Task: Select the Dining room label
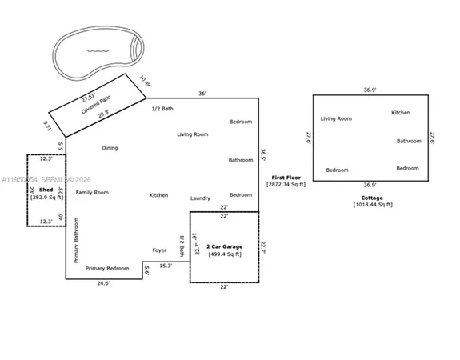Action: pos(110,148)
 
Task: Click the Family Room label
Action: pos(92,193)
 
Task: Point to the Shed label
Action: pos(46,190)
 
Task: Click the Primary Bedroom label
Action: pos(107,268)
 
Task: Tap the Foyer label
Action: pos(159,250)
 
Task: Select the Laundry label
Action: pos(200,198)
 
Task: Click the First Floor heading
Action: pos(286,177)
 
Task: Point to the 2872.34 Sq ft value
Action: pos(286,185)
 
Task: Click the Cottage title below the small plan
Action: pos(372,198)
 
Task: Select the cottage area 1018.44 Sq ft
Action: pos(372,206)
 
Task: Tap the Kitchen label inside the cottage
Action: pos(401,113)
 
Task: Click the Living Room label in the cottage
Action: pos(336,118)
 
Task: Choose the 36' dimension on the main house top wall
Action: pos(202,94)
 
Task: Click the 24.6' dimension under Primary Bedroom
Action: pos(105,283)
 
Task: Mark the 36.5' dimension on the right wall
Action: pos(264,152)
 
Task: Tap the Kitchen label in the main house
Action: pos(158,196)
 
